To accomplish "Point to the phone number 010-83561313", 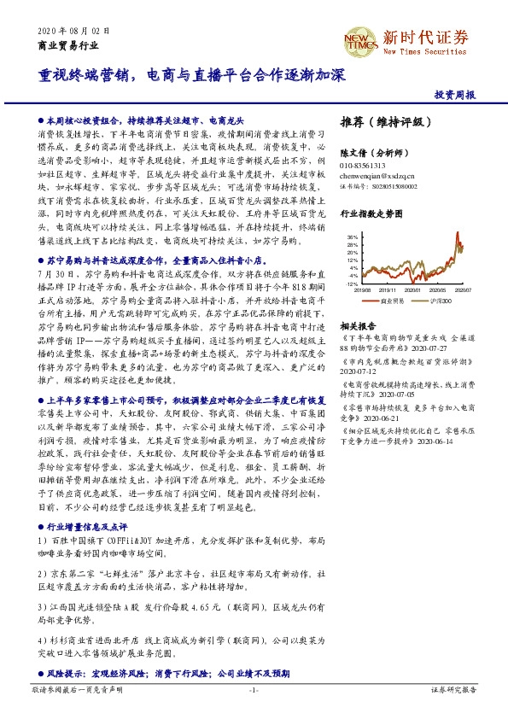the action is (x=363, y=165).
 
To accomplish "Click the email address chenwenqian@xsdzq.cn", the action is (x=377, y=174).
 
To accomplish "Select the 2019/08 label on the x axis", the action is (x=365, y=289).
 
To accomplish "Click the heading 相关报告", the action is (x=355, y=326).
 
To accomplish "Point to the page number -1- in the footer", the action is (x=254, y=689).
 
